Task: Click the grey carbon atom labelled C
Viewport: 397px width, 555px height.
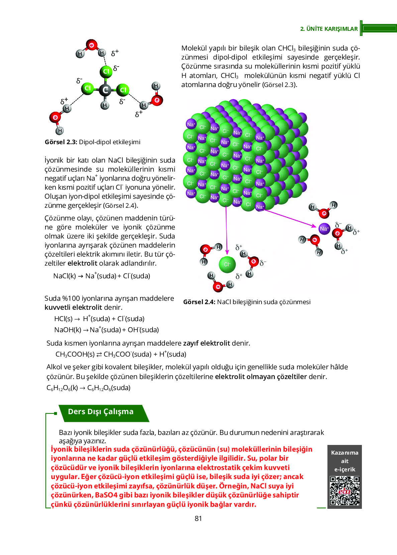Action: click(105, 90)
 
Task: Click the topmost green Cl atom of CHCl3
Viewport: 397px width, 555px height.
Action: click(106, 71)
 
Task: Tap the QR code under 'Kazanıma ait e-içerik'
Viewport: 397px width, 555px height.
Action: click(344, 491)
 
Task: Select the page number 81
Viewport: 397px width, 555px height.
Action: click(198, 519)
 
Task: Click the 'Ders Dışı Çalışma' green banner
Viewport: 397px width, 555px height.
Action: click(101, 412)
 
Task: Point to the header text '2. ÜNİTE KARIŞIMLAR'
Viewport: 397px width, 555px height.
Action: click(329, 29)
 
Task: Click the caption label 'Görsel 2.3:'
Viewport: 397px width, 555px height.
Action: click(61, 142)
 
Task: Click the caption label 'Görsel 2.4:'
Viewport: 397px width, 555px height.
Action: click(199, 302)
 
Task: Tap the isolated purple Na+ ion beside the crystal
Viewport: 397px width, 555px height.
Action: click(324, 229)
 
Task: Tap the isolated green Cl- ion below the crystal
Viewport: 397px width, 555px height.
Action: click(227, 264)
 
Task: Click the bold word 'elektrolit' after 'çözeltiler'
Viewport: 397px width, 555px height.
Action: click(82, 263)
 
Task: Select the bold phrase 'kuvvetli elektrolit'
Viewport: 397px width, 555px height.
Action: click(73, 307)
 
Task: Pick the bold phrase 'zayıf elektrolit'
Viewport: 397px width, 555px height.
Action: click(206, 343)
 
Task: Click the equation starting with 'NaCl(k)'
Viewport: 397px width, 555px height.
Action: click(102, 276)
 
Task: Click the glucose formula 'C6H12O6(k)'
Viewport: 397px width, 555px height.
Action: click(62, 388)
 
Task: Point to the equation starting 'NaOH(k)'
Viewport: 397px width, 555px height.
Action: click(106, 330)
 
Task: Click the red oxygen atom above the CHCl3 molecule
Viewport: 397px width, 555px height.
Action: click(91, 45)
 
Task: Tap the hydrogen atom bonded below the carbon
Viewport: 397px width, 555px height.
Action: click(105, 105)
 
